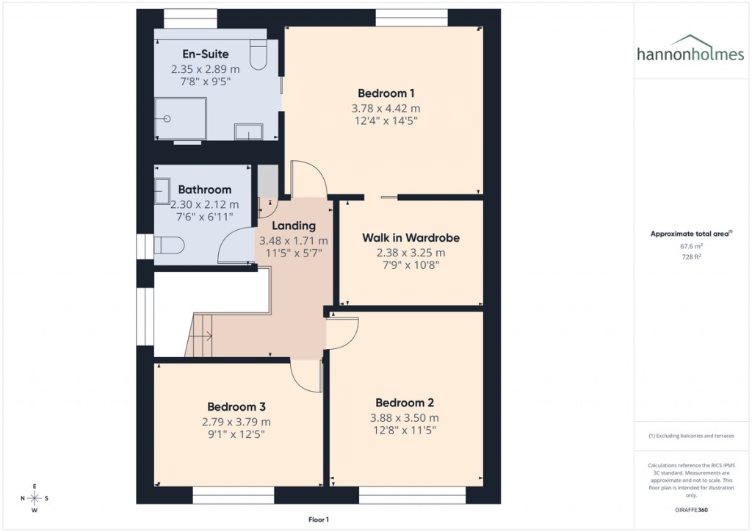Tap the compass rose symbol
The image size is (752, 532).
(35, 498)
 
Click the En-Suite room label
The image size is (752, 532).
(205, 54)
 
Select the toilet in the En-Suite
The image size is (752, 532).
(258, 55)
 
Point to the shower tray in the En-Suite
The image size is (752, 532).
(180, 118)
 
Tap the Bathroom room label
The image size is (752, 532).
(204, 190)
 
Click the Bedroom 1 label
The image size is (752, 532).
(386, 93)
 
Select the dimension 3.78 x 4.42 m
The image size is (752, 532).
(386, 108)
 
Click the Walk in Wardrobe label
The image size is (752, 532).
(411, 238)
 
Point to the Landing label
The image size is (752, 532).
(294, 226)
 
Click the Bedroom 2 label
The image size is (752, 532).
(404, 403)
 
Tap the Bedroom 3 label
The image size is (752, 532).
(236, 407)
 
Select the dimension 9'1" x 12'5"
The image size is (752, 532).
(236, 434)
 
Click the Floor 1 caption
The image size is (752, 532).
(318, 520)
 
